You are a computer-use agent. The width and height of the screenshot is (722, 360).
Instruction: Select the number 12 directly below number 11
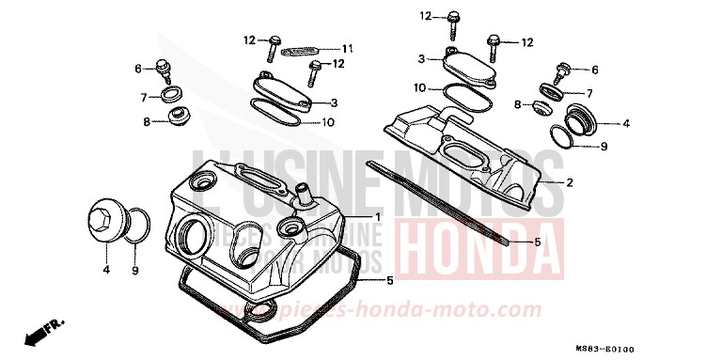[340, 63]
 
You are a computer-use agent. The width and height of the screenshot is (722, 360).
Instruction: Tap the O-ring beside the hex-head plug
[137, 227]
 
